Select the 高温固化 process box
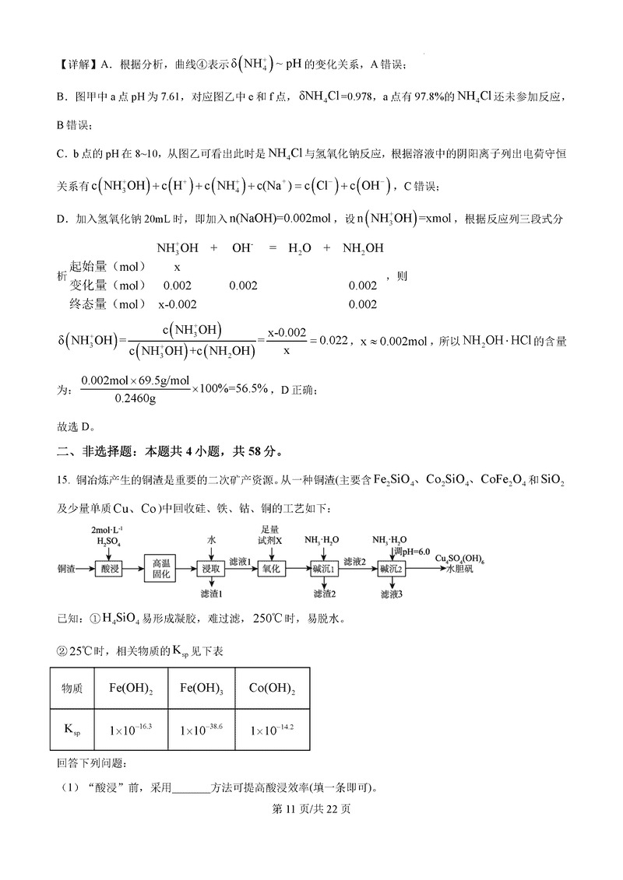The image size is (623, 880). (x=160, y=569)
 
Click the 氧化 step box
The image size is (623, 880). (x=271, y=569)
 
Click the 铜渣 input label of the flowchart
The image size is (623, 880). (x=67, y=569)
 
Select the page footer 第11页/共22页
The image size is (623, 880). (x=311, y=809)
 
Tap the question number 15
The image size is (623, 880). (x=64, y=481)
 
